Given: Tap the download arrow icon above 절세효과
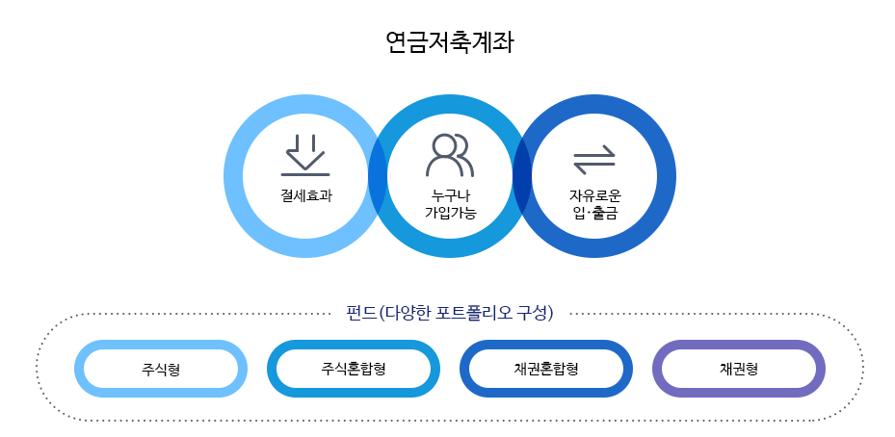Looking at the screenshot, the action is pyautogui.click(x=305, y=152).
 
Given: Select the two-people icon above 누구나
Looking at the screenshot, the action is pyautogui.click(x=450, y=155).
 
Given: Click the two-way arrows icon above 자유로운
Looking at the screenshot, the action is pyautogui.click(x=593, y=158).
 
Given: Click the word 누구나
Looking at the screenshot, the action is pyautogui.click(x=450, y=195).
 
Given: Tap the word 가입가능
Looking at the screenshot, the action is pyautogui.click(x=450, y=212).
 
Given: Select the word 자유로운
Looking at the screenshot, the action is pyautogui.click(x=594, y=195).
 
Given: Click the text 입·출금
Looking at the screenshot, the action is pyautogui.click(x=594, y=212).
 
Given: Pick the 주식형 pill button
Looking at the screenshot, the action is pyautogui.click(x=161, y=369).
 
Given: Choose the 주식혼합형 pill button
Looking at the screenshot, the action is pyautogui.click(x=354, y=369).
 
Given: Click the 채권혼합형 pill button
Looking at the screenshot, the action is pyautogui.click(x=546, y=369).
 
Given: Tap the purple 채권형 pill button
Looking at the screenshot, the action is pyautogui.click(x=739, y=369).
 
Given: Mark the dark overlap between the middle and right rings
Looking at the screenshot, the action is pyautogui.click(x=522, y=177).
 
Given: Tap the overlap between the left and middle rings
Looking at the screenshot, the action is pyautogui.click(x=378, y=177).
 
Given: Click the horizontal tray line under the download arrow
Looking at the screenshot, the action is pyautogui.click(x=305, y=174).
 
